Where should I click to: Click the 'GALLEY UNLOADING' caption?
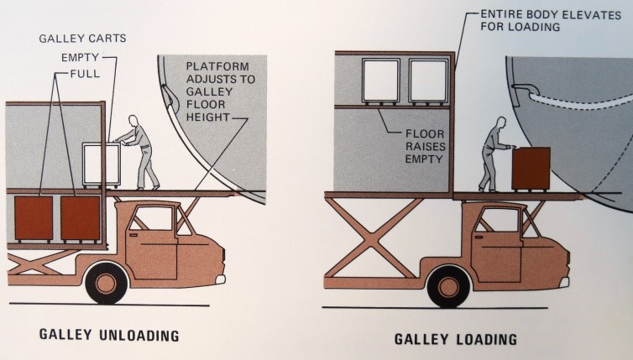[109, 335]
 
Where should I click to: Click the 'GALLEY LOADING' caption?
[455, 339]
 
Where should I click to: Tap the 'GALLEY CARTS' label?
[82, 39]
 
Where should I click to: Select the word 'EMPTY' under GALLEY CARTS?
[80, 58]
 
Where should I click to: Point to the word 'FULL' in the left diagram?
[85, 74]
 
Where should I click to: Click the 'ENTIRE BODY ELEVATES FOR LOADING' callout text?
[550, 21]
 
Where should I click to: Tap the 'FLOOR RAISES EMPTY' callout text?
[425, 146]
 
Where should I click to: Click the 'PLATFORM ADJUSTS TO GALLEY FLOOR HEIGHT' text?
[220, 91]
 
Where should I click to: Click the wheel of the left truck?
[106, 283]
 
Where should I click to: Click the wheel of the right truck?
[448, 286]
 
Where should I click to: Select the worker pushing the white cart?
[139, 152]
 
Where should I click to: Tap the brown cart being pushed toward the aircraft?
[531, 170]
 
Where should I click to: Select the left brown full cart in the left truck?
[34, 219]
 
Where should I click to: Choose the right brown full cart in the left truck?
[81, 219]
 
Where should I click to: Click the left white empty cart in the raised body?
[381, 81]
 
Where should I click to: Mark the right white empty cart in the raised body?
[428, 81]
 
